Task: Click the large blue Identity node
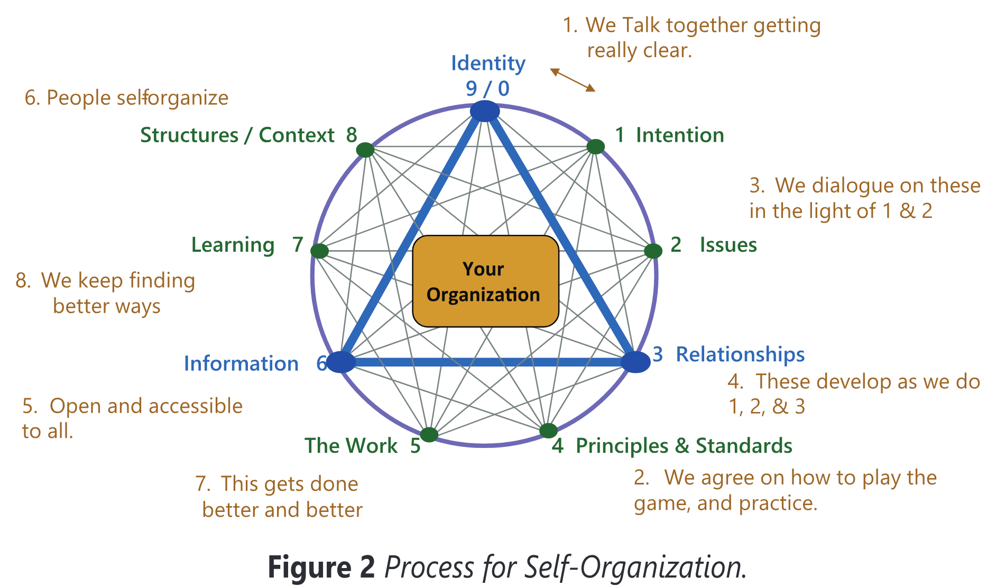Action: [485, 112]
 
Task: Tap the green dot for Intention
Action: [596, 146]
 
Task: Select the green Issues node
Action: [653, 251]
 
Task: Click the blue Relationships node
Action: [635, 362]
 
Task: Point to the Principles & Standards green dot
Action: [548, 431]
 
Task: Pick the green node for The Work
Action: [429, 434]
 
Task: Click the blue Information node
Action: [341, 362]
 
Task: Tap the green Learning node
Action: [319, 251]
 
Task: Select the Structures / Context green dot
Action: [365, 150]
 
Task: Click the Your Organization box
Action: [485, 281]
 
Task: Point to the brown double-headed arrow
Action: [573, 80]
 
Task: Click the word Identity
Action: [488, 63]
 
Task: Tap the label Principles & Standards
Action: [684, 446]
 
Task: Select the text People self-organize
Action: [126, 98]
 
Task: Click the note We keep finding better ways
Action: [105, 294]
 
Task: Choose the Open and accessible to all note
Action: [132, 418]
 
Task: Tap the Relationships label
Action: [740, 355]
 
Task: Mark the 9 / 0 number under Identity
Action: [487, 88]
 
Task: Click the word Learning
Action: [233, 245]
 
